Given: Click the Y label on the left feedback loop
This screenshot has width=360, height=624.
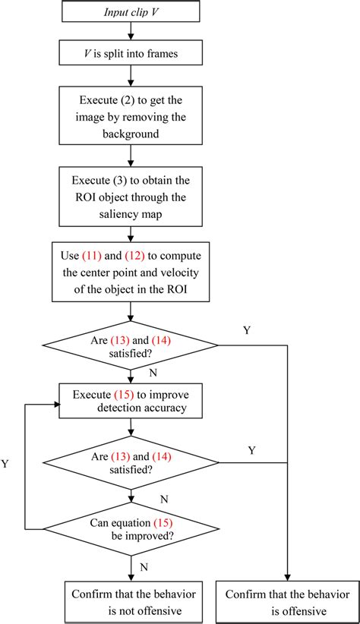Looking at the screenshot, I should tap(6, 462).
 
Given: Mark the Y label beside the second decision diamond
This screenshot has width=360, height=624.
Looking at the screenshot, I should tap(251, 451).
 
